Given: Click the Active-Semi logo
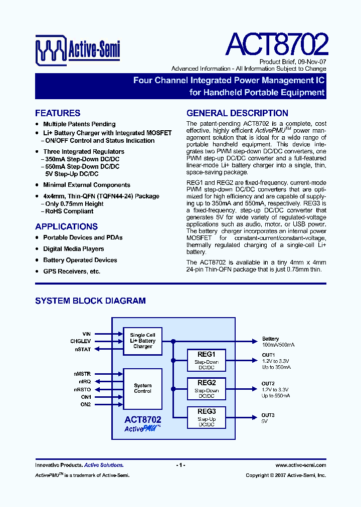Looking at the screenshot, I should (78, 49).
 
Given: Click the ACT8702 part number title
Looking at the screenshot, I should (277, 45).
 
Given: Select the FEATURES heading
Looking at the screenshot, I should (58, 113).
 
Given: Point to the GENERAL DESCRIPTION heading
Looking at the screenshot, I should (237, 113).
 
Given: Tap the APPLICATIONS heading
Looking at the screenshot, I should (66, 226).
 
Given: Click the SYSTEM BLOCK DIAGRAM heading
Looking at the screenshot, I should (90, 301).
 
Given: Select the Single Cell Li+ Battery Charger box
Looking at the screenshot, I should (143, 341).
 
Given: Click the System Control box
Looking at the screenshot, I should (143, 388).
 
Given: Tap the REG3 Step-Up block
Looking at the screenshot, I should (207, 417).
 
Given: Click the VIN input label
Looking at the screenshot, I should (86, 334).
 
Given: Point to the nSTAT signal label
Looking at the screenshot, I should (83, 349).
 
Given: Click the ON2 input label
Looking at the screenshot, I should (86, 404).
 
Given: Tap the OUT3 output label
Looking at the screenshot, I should (268, 415).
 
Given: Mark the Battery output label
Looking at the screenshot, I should (271, 339).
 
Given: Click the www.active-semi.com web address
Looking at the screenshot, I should (301, 465).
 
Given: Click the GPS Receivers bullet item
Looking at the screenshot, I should (72, 272).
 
